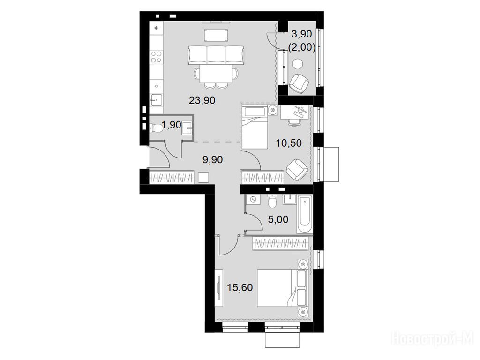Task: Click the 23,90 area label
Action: pyautogui.click(x=202, y=100)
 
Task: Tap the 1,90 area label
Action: pyautogui.click(x=171, y=125)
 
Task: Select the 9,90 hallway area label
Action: pyautogui.click(x=213, y=159)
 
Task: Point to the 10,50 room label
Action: pyautogui.click(x=289, y=143)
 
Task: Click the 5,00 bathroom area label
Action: pyautogui.click(x=278, y=219)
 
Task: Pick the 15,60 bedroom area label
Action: pyautogui.click(x=240, y=287)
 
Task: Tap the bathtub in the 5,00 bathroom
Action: pyautogui.click(x=305, y=215)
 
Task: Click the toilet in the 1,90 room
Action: pyautogui.click(x=157, y=128)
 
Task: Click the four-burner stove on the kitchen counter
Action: pyautogui.click(x=157, y=57)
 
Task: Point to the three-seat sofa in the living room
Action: pyautogui.click(x=216, y=55)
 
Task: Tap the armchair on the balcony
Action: pyautogui.click(x=299, y=82)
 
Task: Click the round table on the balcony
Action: pyautogui.click(x=297, y=64)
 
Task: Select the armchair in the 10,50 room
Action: pyautogui.click(x=297, y=169)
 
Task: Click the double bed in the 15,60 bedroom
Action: pyautogui.click(x=282, y=288)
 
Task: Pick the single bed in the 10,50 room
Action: pyautogui.click(x=255, y=127)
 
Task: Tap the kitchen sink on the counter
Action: pyautogui.click(x=157, y=99)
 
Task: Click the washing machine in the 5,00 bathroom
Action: pyautogui.click(x=253, y=200)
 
